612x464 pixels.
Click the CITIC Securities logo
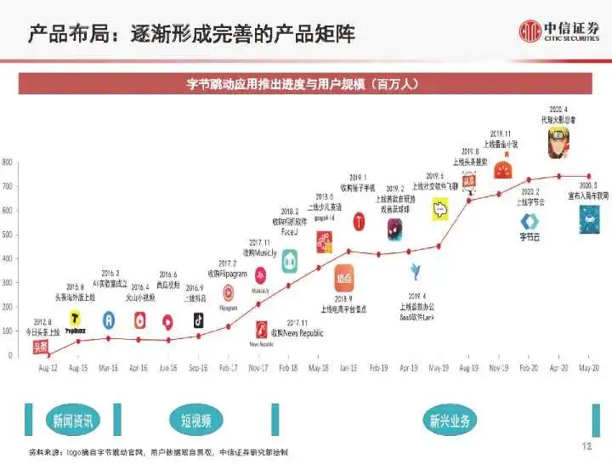[559, 31]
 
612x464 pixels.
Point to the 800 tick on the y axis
[7, 161]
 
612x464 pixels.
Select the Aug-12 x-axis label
[48, 368]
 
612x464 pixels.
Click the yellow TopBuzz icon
[76, 320]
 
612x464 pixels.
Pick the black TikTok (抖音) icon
[198, 320]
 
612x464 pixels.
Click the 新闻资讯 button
[74, 420]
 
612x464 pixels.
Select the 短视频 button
[202, 420]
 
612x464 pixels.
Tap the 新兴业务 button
[450, 420]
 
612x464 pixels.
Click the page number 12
[586, 446]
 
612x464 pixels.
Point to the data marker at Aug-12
[48, 355]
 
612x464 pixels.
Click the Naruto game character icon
[558, 140]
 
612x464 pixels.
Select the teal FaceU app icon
[290, 261]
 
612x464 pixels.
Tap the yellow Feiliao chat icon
[439, 209]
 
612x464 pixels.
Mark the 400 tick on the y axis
[7, 258]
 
